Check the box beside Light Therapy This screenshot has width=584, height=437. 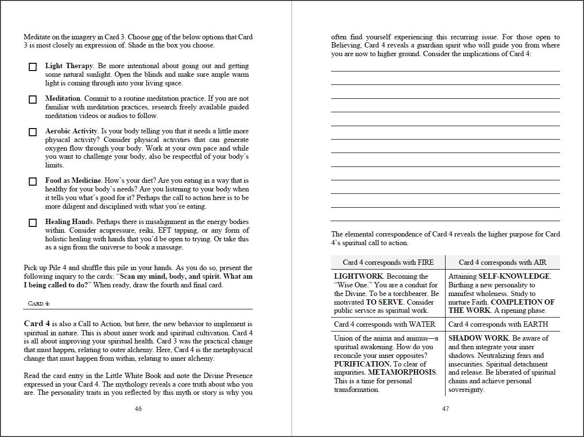coord(33,67)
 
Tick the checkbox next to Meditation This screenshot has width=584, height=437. coord(33,100)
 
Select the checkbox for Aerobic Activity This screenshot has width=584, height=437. coord(33,132)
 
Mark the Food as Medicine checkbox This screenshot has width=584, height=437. coord(33,182)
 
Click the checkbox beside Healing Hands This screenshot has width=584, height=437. coord(33,223)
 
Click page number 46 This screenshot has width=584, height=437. coord(138,409)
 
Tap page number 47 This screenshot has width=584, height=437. coord(446,409)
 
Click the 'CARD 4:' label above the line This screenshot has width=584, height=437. coord(36,304)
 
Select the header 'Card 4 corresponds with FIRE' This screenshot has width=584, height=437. coord(388,262)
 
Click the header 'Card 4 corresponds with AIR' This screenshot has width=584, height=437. coord(503,262)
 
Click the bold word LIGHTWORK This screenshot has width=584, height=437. coord(358,276)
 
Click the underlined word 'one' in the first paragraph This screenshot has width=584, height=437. coord(157,37)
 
